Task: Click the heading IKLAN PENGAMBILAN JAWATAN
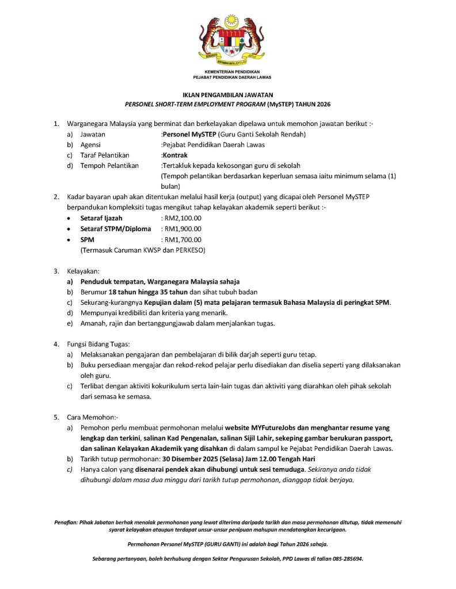228,94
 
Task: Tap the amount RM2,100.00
183,218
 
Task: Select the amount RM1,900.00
183,228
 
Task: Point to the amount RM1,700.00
183,239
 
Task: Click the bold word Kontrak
175,155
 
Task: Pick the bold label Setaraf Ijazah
101,218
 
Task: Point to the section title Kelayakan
83,270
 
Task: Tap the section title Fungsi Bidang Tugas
98,344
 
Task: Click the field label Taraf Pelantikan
105,155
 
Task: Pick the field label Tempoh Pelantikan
109,166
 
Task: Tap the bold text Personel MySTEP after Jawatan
189,134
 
